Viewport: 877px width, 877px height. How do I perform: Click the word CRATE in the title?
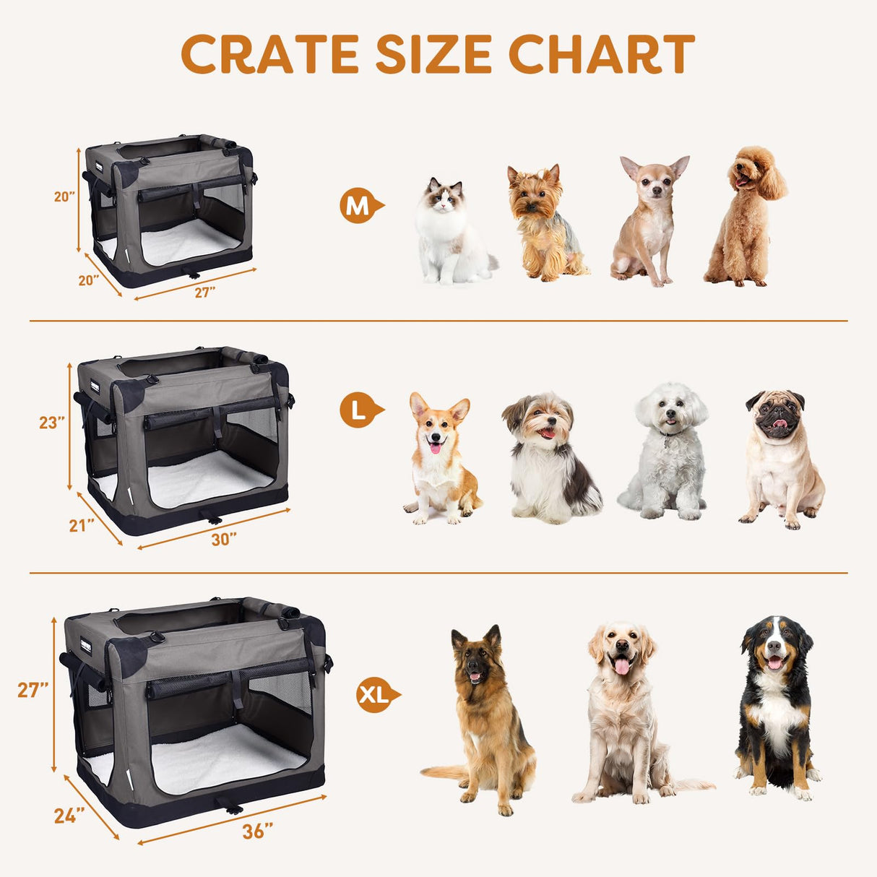(269, 54)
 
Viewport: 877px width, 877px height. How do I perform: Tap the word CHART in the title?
(601, 54)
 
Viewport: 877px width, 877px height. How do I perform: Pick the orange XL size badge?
(375, 695)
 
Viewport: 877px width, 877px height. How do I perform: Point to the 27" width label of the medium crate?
(204, 292)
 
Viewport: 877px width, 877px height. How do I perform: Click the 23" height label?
(52, 423)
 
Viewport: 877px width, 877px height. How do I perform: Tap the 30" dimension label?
(224, 539)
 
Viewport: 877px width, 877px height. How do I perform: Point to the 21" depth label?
(82, 525)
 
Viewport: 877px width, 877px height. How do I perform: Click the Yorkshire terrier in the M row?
(543, 224)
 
